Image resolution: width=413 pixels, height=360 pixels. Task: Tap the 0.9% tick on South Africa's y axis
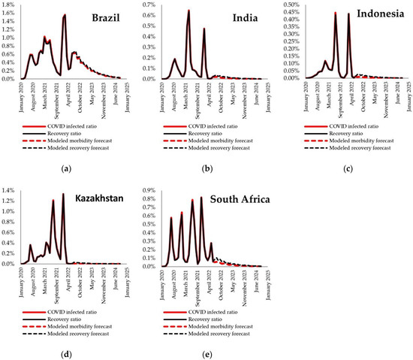(152, 192)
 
